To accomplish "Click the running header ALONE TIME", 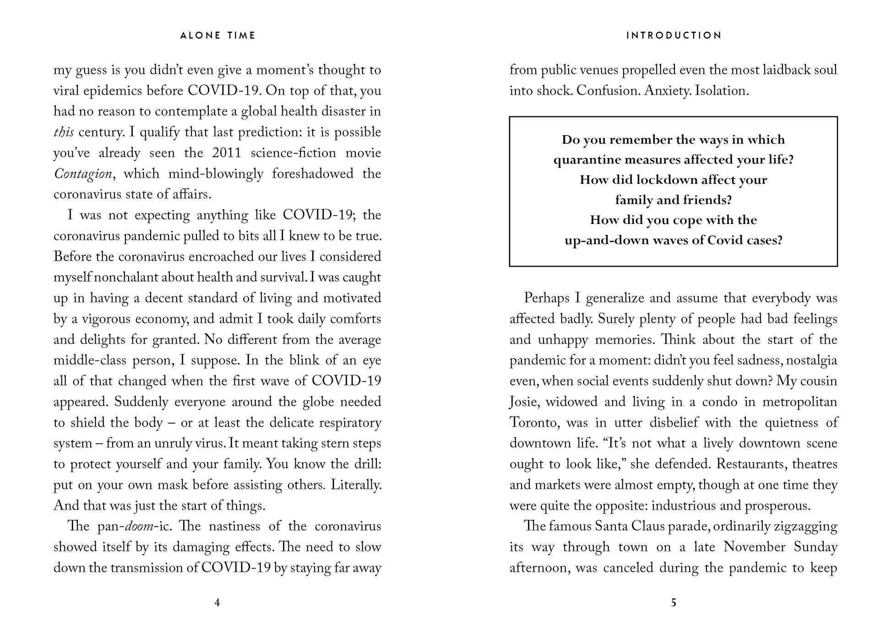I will pos(217,36).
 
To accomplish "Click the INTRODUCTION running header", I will pos(674,36).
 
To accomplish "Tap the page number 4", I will pos(217,603).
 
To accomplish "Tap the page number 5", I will pos(673,603).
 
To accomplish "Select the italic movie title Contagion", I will pos(83,174).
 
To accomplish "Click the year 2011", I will pos(226,153).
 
